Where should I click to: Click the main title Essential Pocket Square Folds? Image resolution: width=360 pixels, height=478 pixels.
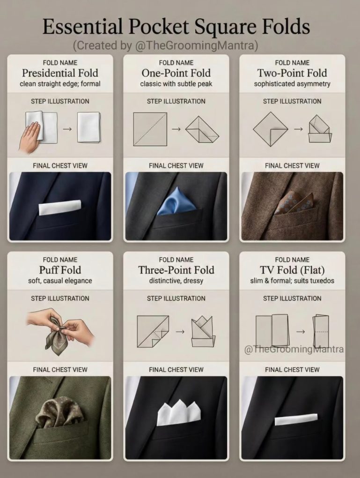pos(176,27)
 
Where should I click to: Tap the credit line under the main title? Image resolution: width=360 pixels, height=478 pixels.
pos(165,45)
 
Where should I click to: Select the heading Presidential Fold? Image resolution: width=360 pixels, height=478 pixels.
pos(60,73)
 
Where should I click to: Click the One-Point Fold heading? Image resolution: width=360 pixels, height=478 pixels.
pos(176,73)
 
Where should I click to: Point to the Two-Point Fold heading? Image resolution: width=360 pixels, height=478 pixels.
pos(292,73)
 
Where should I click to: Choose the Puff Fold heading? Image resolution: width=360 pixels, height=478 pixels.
pos(60,270)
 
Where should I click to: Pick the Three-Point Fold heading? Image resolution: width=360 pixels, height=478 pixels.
pos(176,270)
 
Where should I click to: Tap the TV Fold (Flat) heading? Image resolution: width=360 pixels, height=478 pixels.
pos(292,270)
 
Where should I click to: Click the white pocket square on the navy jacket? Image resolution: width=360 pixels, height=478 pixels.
pos(60,207)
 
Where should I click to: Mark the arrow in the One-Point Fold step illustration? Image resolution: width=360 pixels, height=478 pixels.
pos(176,129)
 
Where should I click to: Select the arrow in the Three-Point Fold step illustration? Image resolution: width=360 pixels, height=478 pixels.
pos(180,331)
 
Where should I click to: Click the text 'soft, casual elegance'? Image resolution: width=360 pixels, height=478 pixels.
pos(60,281)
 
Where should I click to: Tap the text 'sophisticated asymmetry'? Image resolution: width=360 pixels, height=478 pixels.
pos(292,84)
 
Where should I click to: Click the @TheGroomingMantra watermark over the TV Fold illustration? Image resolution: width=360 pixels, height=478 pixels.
pos(294,349)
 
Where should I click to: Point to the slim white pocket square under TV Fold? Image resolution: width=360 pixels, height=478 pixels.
pos(296,419)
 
